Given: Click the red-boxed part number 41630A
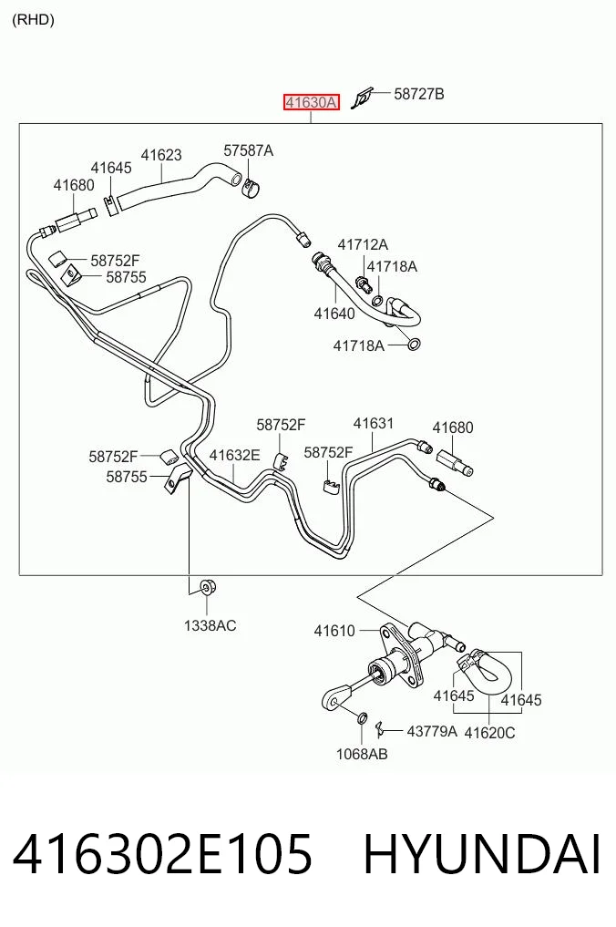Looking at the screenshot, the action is [x=311, y=102].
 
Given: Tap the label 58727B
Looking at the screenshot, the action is [x=418, y=94].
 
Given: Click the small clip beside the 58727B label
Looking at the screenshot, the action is [x=362, y=98].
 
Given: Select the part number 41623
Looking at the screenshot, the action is [x=160, y=155].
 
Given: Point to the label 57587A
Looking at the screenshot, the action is [x=248, y=150].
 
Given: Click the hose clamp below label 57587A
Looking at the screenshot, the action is [x=252, y=188].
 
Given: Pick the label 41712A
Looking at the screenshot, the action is [x=363, y=244].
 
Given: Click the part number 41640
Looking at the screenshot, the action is [x=334, y=314].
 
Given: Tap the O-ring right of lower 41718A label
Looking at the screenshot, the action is [x=414, y=344].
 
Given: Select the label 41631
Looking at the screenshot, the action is [x=373, y=423].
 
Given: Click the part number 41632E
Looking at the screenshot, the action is [x=234, y=455].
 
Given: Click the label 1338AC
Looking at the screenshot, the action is [x=210, y=625].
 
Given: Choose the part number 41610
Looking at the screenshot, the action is [x=334, y=631].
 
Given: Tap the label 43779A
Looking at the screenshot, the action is [x=432, y=731].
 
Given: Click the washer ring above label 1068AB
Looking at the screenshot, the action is [x=363, y=719].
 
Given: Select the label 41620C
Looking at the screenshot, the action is [x=489, y=733].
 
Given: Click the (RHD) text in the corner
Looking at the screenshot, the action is [x=33, y=20].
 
